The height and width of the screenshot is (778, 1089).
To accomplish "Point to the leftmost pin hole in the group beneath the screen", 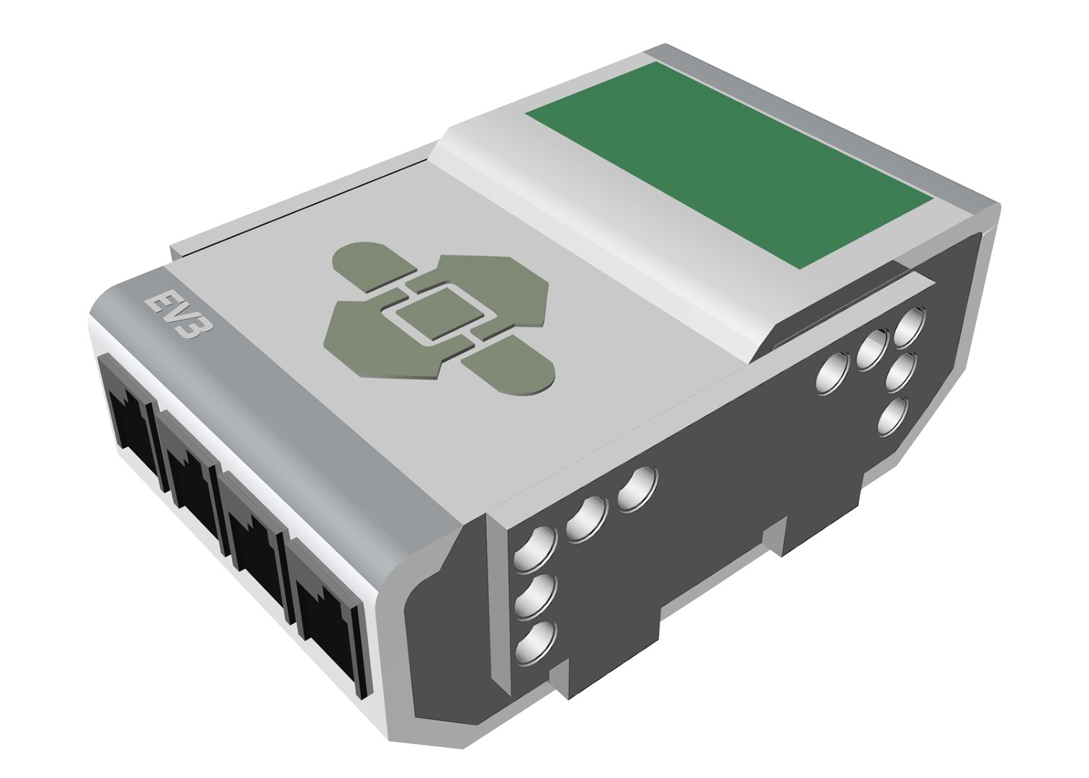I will tap(831, 375).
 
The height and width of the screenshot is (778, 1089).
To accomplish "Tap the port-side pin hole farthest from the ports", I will tap(637, 490).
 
